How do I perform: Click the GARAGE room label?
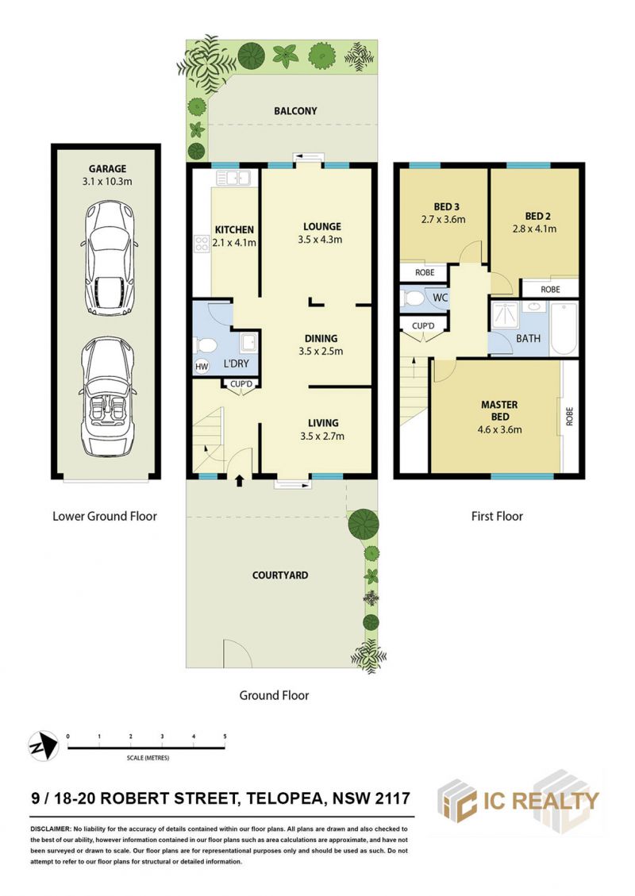click(x=107, y=168)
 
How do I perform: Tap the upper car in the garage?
click(x=110, y=257)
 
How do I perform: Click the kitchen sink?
click(x=233, y=179)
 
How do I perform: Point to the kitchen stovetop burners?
click(x=202, y=244)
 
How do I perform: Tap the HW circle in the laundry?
click(x=201, y=367)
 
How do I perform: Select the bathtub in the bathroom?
click(x=564, y=329)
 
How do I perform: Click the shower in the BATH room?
click(x=505, y=315)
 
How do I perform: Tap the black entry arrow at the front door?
click(x=240, y=481)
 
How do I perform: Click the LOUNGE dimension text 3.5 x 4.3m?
click(x=320, y=240)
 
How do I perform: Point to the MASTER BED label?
click(x=499, y=410)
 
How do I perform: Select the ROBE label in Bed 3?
click(x=425, y=272)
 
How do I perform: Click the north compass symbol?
click(x=44, y=746)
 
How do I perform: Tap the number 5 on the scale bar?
click(x=225, y=736)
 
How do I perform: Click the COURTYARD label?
click(x=280, y=575)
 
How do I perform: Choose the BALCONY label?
click(x=295, y=111)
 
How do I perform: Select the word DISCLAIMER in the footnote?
click(x=50, y=829)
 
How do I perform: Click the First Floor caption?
click(x=497, y=516)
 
